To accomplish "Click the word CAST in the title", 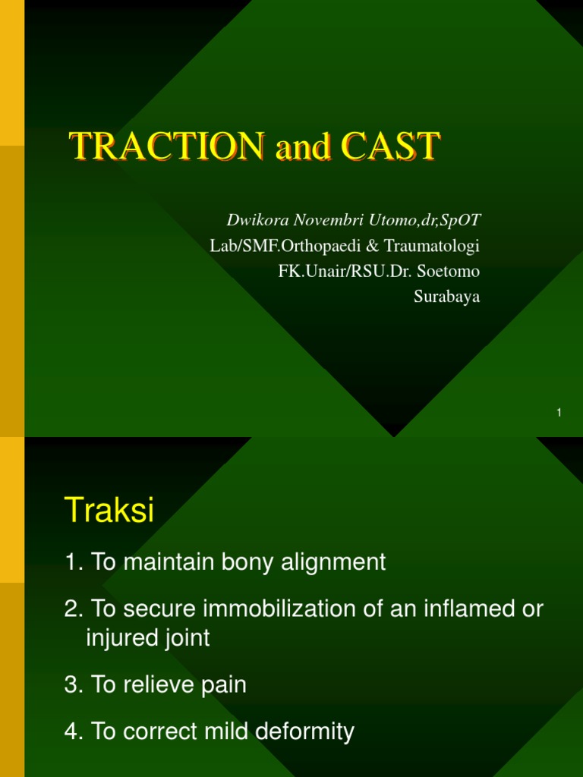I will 389,146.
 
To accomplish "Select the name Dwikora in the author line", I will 254,220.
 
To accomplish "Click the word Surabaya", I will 447,297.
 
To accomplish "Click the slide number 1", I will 559,412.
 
